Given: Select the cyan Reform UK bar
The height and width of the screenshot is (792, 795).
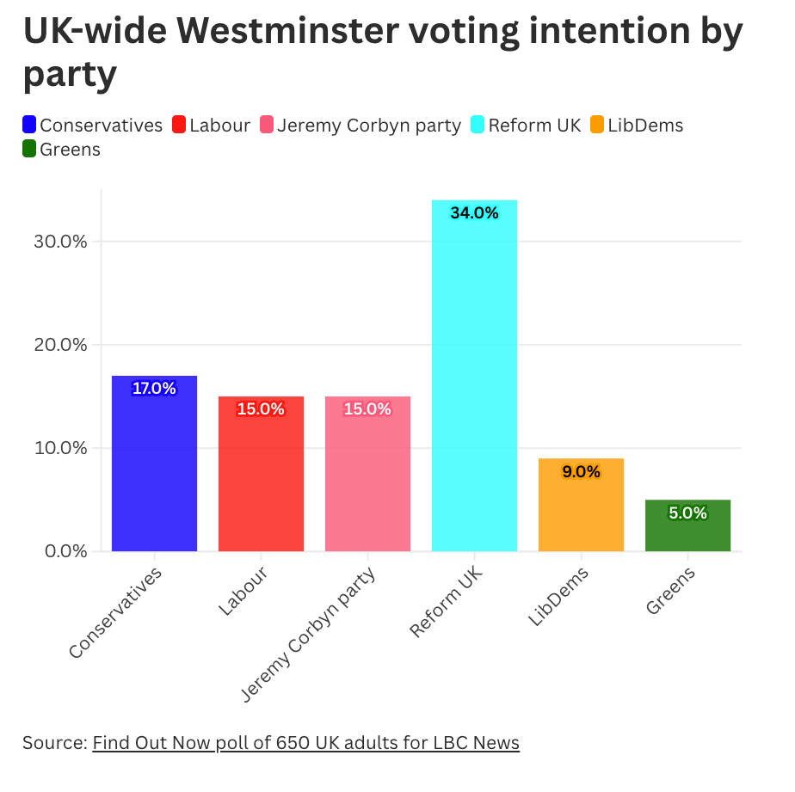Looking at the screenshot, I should [474, 378].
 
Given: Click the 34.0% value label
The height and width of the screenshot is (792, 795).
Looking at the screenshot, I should [474, 213].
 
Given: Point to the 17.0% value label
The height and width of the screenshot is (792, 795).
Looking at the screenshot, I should [154, 389].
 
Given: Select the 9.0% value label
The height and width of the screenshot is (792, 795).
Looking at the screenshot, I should [581, 471].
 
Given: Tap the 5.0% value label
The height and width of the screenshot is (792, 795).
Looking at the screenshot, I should [687, 513].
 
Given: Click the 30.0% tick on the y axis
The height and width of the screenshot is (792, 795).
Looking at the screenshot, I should [61, 242].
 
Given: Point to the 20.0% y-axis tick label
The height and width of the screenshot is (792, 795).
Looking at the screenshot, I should [61, 345].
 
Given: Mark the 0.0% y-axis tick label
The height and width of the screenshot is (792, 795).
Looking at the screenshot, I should [65, 551].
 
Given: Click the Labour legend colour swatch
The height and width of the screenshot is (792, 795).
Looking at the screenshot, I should [180, 126].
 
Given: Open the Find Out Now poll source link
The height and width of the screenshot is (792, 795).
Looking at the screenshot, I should [305, 742].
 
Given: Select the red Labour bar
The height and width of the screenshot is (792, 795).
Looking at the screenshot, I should [261, 474].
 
